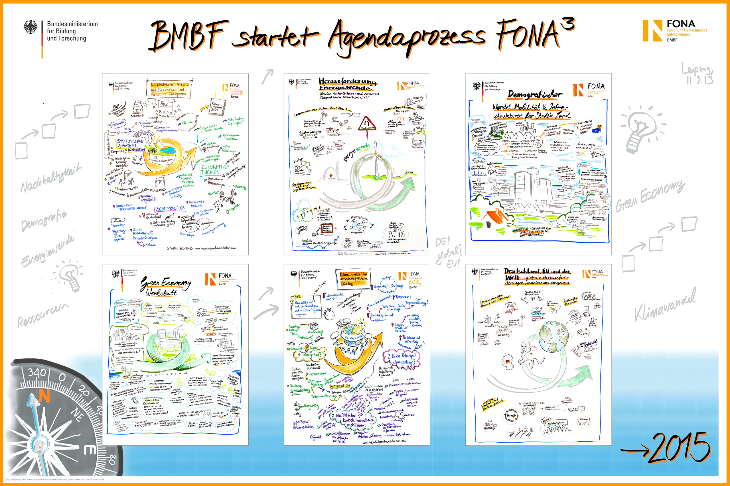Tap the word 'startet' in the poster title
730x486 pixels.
click(x=275, y=36)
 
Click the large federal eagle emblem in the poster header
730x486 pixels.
click(x=30, y=27)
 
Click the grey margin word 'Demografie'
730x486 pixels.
click(x=44, y=220)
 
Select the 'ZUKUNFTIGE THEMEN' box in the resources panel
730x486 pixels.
click(x=215, y=170)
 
